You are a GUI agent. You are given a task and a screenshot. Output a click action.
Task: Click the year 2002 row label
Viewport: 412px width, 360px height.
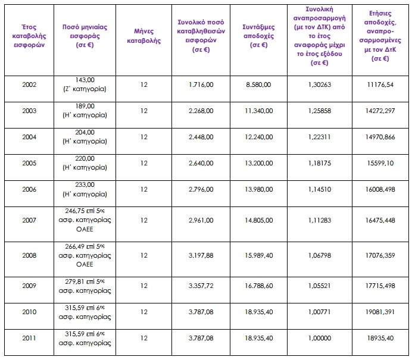pos(29,84)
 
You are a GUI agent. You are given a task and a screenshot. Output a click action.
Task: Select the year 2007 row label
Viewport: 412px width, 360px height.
pos(29,221)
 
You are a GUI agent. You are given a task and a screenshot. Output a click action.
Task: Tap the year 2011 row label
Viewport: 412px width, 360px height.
pos(29,339)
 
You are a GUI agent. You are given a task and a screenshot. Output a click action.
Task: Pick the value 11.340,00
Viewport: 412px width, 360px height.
pos(258,111)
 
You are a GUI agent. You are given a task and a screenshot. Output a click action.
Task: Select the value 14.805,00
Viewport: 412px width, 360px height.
pos(258,221)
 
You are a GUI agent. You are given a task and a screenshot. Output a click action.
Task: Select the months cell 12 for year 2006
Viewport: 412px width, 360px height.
pos(143,189)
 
